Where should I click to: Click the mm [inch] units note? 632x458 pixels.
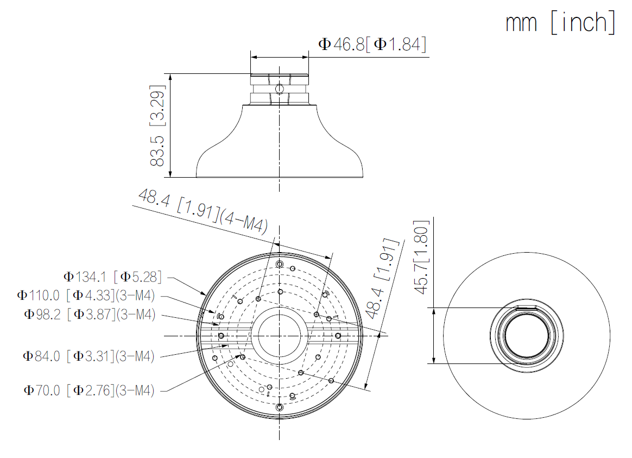560,23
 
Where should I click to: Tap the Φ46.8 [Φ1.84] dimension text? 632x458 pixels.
372,44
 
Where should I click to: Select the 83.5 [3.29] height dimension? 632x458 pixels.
157,125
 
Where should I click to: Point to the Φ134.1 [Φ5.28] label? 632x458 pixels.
112,277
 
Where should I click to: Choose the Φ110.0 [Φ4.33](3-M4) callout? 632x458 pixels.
86,296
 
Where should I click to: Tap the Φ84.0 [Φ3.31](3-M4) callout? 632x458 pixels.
89,356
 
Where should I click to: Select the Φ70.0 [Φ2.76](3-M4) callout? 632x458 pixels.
89,390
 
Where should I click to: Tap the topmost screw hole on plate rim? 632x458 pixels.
280,265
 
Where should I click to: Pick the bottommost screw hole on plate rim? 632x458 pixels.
279,407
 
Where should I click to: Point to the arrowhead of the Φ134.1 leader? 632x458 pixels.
205,293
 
